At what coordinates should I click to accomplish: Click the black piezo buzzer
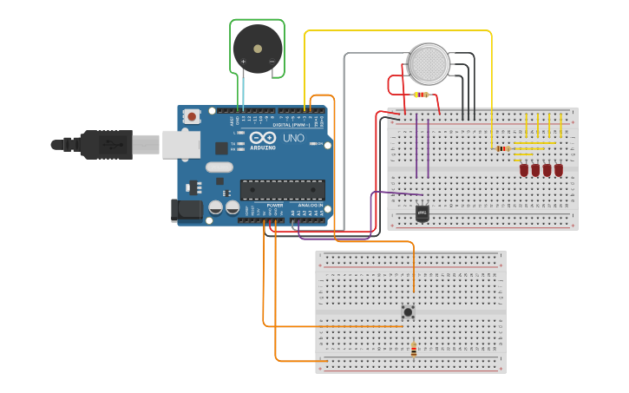click(x=257, y=48)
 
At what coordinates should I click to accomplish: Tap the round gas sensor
click(x=429, y=63)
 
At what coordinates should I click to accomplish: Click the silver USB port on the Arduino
click(x=180, y=144)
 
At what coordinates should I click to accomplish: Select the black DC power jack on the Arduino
click(x=185, y=209)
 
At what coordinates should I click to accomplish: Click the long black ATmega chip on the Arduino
click(x=282, y=189)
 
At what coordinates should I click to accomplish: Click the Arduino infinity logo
click(x=263, y=138)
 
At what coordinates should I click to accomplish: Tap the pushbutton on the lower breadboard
click(x=408, y=311)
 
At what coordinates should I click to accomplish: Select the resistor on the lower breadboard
click(x=413, y=350)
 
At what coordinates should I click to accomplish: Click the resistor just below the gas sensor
click(x=423, y=95)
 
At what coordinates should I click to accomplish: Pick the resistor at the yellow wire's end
click(x=503, y=148)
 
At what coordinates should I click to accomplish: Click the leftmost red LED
click(x=525, y=170)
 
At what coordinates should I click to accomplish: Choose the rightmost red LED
click(x=559, y=170)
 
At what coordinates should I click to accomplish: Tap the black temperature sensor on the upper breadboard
click(x=423, y=213)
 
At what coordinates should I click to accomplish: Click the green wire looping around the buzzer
click(x=258, y=20)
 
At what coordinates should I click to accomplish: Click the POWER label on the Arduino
click(x=274, y=205)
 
